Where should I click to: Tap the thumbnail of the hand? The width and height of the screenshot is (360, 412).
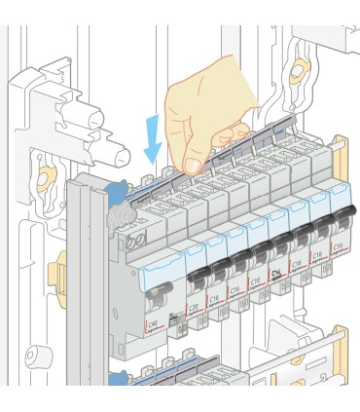(194, 166)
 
